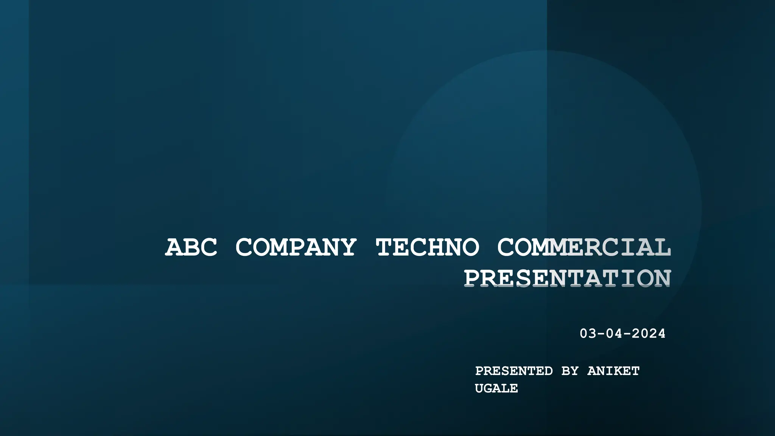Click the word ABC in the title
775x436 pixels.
tap(191, 248)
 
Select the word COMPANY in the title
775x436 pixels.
tap(296, 248)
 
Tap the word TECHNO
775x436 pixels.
tap(427, 248)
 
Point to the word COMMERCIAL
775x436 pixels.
tap(584, 248)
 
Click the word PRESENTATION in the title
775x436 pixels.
tap(568, 279)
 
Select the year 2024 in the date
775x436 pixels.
tap(649, 333)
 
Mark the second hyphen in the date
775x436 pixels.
tap(627, 334)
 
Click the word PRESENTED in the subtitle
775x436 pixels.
tap(514, 371)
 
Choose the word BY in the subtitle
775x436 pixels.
tap(570, 371)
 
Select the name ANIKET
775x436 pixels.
tap(613, 371)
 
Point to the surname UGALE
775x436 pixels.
tap(496, 388)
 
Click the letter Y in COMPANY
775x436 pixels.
tap(347, 248)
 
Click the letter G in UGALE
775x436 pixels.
tap(488, 388)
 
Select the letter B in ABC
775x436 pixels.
tap(191, 248)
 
